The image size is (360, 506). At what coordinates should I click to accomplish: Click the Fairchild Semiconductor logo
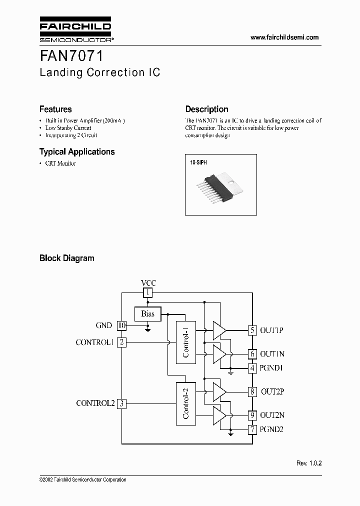click(75, 31)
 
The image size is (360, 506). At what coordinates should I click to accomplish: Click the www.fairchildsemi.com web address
click(284, 37)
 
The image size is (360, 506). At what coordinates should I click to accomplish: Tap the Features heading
click(55, 109)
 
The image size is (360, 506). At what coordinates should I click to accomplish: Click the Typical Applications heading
click(77, 151)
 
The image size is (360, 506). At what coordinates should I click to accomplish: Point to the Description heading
click(206, 109)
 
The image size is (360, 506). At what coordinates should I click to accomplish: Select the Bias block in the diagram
click(147, 314)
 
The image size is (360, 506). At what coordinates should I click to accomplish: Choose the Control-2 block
click(185, 403)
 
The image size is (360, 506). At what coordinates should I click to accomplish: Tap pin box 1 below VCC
click(147, 292)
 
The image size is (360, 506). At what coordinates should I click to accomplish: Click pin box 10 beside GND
click(121, 325)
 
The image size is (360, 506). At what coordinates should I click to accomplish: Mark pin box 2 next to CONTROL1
click(121, 342)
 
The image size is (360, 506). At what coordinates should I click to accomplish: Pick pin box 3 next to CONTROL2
click(121, 403)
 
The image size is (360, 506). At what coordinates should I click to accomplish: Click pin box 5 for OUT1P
click(253, 330)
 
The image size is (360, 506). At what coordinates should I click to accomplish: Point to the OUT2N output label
click(272, 415)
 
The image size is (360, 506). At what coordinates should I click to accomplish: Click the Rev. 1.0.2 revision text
click(308, 463)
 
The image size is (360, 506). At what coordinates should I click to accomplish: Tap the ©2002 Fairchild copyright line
click(82, 479)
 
